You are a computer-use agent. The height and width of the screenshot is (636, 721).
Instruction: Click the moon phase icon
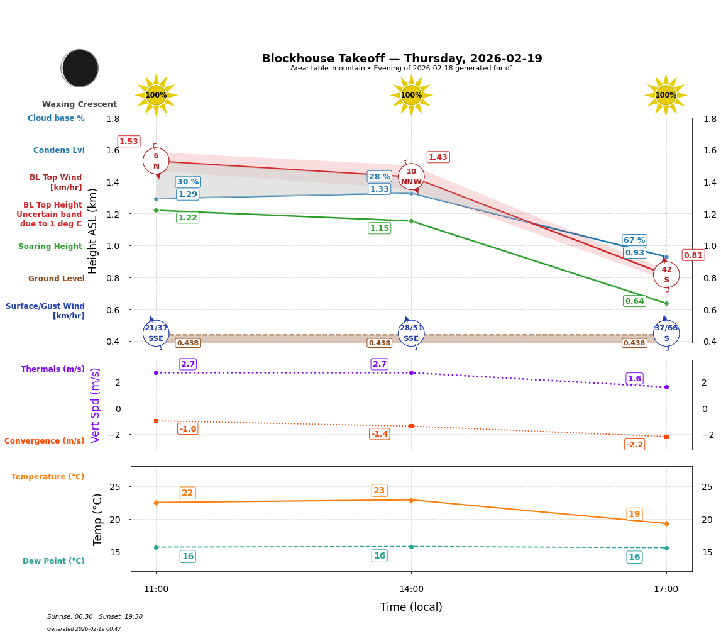tap(80, 68)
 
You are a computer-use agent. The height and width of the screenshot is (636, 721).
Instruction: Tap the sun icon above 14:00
tap(411, 95)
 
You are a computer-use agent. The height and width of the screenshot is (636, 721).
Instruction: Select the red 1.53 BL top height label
tap(129, 142)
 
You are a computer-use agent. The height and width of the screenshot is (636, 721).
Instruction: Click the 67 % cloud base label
tap(634, 240)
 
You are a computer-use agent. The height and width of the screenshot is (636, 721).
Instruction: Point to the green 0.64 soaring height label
tap(634, 301)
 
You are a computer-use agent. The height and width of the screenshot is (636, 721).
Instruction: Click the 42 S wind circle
tap(666, 275)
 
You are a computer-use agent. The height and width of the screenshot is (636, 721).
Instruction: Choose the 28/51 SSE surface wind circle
tap(411, 333)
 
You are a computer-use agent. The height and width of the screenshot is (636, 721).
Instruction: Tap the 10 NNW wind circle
tap(411, 177)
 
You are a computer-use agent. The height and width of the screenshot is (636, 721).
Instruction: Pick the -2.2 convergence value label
tap(634, 445)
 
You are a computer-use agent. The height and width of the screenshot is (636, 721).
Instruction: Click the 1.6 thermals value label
tap(634, 379)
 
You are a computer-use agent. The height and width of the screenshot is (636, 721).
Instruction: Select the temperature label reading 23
tap(379, 491)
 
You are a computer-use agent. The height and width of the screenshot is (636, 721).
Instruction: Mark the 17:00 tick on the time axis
tap(666, 589)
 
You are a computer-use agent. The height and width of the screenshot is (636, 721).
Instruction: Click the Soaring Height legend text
tap(50, 247)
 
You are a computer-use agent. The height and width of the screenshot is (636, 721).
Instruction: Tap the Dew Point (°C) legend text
tap(53, 561)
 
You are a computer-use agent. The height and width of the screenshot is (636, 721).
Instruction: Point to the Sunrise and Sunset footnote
tap(95, 617)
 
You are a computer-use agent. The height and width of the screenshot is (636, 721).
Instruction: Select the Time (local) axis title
tap(411, 607)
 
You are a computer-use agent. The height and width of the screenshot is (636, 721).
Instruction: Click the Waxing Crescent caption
tap(79, 104)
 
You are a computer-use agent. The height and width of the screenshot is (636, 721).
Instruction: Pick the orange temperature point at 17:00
tap(666, 523)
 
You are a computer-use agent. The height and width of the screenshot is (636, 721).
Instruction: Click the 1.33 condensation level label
tap(379, 189)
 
